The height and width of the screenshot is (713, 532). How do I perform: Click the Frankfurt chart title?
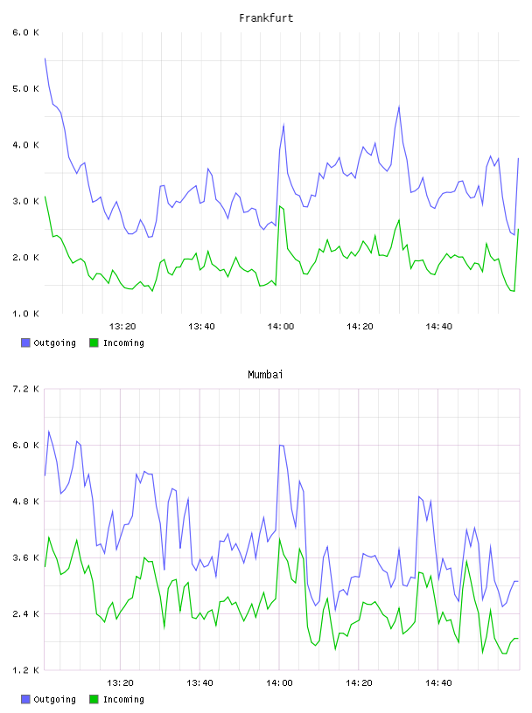(x=266, y=18)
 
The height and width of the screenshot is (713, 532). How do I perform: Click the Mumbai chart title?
(x=265, y=375)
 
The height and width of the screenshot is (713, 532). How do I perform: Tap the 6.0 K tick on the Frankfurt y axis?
(x=26, y=32)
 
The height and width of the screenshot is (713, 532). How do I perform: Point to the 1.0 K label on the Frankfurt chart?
(x=26, y=314)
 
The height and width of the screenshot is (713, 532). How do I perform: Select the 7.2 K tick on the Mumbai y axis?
(x=26, y=389)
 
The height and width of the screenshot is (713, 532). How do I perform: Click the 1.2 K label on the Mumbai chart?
(x=26, y=670)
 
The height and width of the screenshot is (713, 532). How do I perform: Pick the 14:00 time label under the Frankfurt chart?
(x=281, y=327)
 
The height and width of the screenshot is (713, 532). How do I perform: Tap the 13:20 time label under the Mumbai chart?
(x=120, y=683)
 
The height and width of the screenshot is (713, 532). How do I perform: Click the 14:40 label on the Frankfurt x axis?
(x=438, y=327)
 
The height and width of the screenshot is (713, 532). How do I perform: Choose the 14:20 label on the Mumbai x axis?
(x=359, y=683)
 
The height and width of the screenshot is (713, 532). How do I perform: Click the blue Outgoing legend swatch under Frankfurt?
(x=25, y=343)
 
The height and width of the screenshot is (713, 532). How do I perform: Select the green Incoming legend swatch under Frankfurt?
(x=94, y=343)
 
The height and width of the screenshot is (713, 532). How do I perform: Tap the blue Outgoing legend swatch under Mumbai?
(x=25, y=699)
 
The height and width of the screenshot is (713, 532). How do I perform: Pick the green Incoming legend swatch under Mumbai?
(x=94, y=699)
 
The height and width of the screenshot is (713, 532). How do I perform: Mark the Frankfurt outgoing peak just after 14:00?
(x=283, y=125)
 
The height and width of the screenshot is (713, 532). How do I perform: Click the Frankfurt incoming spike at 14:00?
(x=280, y=206)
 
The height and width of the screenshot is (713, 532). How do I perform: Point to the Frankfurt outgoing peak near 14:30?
(x=399, y=107)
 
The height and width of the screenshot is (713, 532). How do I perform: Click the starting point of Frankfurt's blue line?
(x=45, y=59)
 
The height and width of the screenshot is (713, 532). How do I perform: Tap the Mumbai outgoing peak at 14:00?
(x=280, y=445)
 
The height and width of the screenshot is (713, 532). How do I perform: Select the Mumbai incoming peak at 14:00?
(x=280, y=539)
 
